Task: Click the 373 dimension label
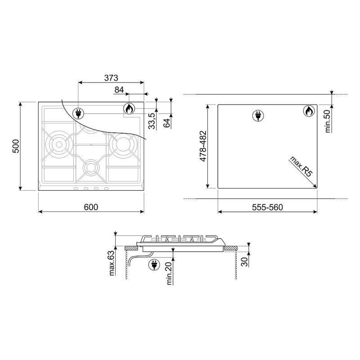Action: (111, 78)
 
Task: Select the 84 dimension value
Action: (119, 90)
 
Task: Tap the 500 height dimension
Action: (16, 146)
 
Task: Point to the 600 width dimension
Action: (91, 207)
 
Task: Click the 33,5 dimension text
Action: (152, 121)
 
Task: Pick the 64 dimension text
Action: (167, 122)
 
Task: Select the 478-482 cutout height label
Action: (203, 146)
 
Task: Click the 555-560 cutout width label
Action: (267, 207)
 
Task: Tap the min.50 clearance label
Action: (328, 121)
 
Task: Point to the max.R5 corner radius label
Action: (301, 166)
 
